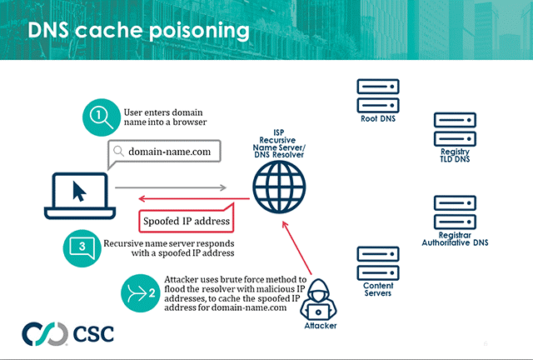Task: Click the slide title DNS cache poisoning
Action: (138, 31)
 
